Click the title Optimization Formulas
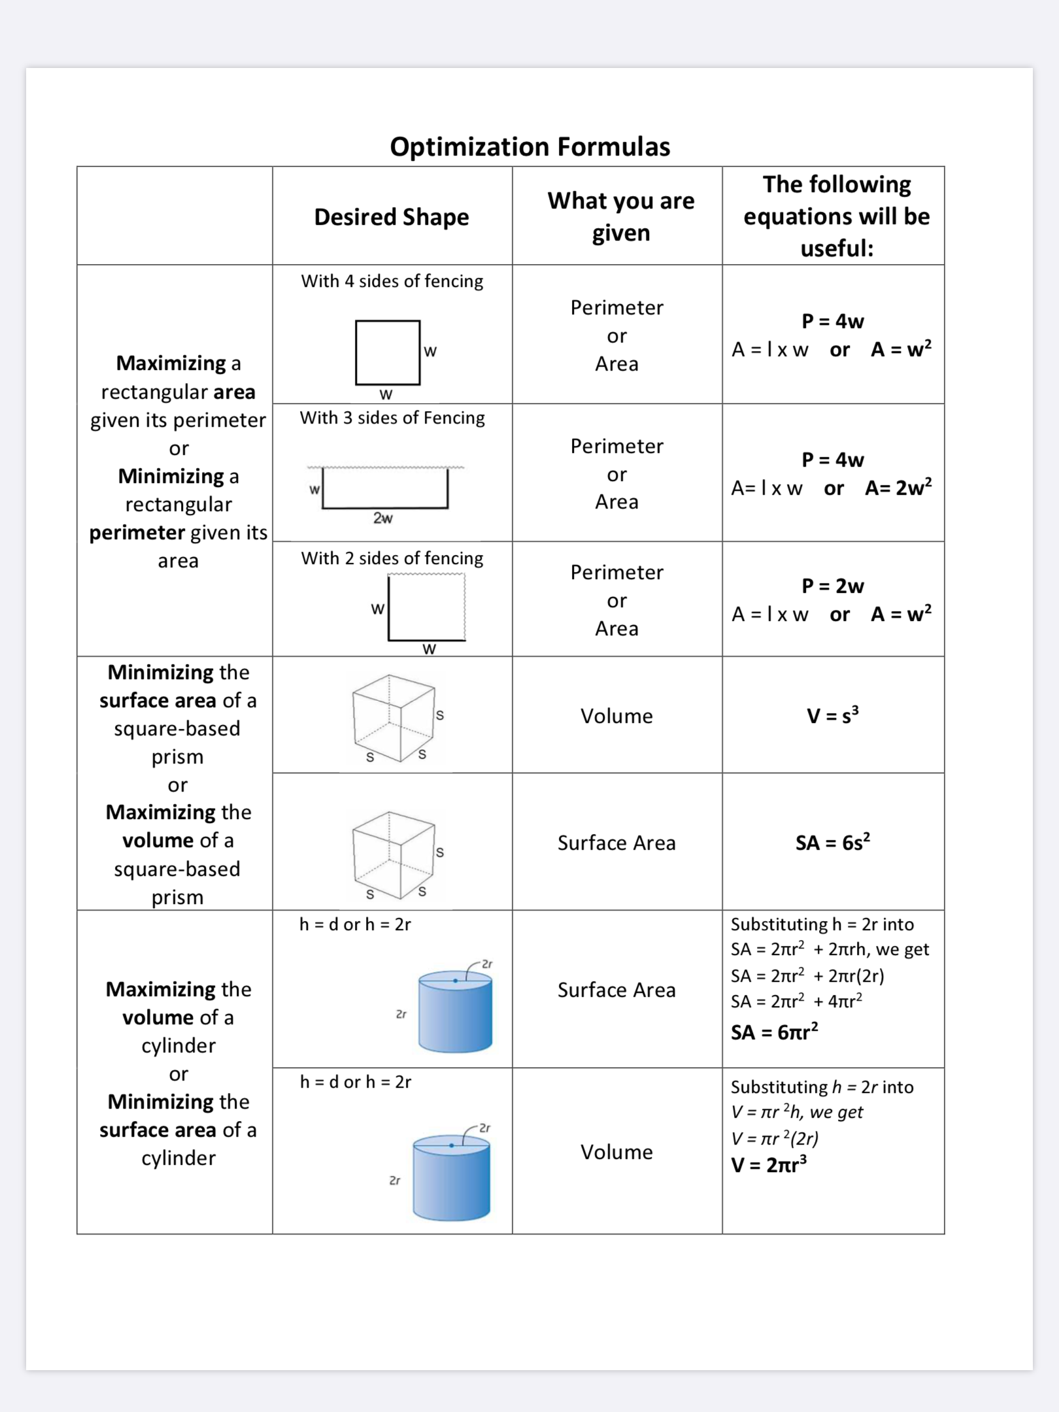click(x=529, y=147)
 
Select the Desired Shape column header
click(x=392, y=217)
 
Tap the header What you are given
click(x=620, y=216)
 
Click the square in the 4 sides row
click(x=388, y=352)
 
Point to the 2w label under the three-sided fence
click(x=383, y=518)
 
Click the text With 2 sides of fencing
click(x=392, y=558)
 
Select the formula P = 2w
click(x=833, y=586)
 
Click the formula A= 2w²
click(x=898, y=488)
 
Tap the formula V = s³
click(x=832, y=716)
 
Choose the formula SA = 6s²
click(x=832, y=843)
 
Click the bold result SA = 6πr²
click(x=775, y=1032)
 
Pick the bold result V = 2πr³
click(x=769, y=1165)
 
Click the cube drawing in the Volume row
click(x=394, y=718)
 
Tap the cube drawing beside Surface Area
click(x=394, y=855)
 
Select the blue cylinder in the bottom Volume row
click(x=451, y=1178)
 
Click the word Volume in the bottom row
click(x=616, y=1152)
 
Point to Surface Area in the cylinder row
click(x=616, y=990)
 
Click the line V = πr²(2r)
click(x=775, y=1139)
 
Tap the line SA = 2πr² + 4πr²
click(x=796, y=1001)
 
